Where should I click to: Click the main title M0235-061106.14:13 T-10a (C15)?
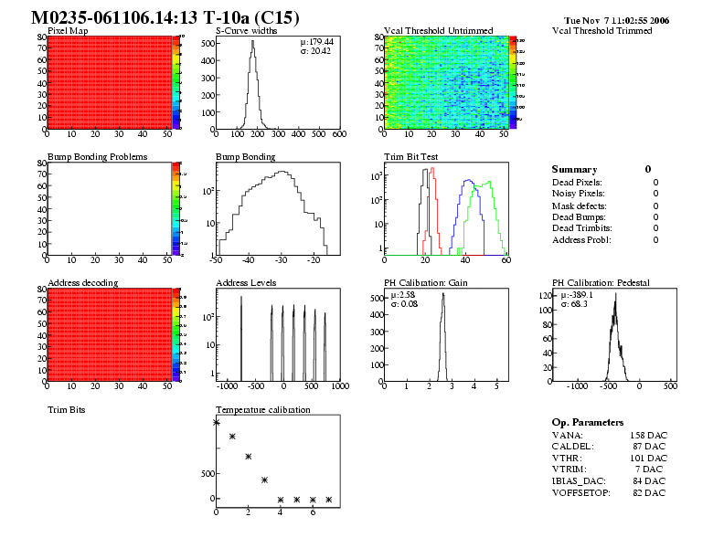[x=165, y=18]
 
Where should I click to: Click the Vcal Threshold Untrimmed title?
[x=438, y=31]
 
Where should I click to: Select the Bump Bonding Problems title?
[x=97, y=157]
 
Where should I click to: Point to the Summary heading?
[x=574, y=170]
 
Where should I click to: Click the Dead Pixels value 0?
[x=655, y=183]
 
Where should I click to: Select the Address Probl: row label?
[x=581, y=239]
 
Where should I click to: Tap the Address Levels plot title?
[x=246, y=283]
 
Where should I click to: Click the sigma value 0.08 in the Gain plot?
[x=404, y=304]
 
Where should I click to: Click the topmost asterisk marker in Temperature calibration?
[x=217, y=422]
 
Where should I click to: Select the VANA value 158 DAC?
[x=648, y=435]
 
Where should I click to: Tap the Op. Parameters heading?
[x=587, y=423]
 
